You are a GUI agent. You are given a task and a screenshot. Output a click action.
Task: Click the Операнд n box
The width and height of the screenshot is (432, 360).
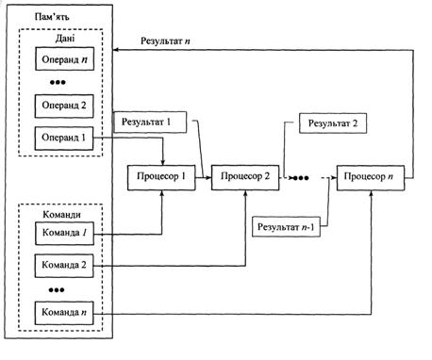click(64, 58)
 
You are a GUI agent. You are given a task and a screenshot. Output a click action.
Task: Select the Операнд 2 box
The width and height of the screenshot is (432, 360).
click(64, 106)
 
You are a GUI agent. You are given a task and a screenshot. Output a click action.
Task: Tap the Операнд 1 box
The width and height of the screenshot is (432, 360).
click(64, 139)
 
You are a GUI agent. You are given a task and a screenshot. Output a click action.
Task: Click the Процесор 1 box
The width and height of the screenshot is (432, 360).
click(161, 177)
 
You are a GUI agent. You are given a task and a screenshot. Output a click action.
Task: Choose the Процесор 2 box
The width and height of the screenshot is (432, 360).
click(245, 177)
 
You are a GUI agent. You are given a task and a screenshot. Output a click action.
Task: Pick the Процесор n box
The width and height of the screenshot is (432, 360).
click(371, 178)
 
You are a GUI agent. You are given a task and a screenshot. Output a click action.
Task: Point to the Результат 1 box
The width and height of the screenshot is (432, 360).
click(150, 122)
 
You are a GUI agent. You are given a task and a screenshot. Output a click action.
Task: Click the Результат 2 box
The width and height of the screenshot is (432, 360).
click(333, 123)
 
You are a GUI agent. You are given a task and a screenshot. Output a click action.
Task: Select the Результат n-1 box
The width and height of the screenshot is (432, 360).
click(286, 226)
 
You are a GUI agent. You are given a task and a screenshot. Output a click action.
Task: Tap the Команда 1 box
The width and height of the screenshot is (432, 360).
click(64, 234)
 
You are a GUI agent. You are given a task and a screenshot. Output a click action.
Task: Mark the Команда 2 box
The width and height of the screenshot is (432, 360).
click(64, 266)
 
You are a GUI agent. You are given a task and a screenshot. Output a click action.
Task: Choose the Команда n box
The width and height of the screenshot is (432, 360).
click(64, 313)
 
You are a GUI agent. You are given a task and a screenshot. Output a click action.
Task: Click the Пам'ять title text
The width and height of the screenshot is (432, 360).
click(52, 17)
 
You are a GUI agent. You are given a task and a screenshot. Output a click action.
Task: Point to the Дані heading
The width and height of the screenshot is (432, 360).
click(65, 39)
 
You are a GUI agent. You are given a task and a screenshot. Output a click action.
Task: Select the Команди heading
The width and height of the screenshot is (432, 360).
click(61, 215)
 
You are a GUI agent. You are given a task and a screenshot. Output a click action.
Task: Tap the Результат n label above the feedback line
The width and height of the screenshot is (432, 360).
click(165, 41)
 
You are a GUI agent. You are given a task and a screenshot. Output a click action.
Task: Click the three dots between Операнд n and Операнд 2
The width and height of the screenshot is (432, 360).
click(58, 83)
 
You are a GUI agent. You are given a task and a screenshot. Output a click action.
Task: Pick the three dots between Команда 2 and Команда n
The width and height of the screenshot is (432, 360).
click(57, 290)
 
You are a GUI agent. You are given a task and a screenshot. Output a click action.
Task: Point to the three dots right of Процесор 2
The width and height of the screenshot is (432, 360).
click(301, 178)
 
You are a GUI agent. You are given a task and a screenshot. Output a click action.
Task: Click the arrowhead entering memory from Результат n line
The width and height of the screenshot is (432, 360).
click(115, 50)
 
